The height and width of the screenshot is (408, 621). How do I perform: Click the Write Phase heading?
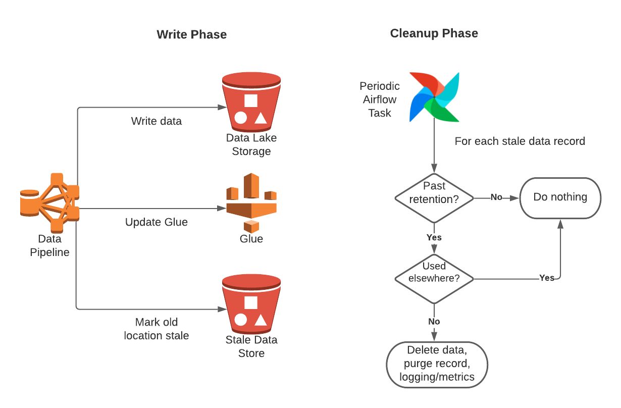[x=191, y=34]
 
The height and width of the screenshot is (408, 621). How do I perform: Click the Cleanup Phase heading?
[x=434, y=33]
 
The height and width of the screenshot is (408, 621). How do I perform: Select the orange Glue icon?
[x=251, y=202]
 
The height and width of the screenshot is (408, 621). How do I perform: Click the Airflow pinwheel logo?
[x=434, y=97]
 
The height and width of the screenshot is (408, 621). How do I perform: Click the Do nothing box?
[x=560, y=197]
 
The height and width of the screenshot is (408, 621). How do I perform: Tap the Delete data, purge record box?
[x=437, y=364]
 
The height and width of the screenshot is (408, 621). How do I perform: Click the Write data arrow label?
[x=157, y=121]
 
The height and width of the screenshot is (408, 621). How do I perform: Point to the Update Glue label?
[x=157, y=222]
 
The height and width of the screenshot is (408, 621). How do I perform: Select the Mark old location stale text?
[x=157, y=329]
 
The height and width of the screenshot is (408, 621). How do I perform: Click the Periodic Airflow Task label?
[x=380, y=99]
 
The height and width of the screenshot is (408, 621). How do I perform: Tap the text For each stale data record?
[x=520, y=141]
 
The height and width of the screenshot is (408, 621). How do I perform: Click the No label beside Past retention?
[x=496, y=197]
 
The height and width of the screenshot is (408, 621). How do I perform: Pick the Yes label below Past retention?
[x=434, y=237]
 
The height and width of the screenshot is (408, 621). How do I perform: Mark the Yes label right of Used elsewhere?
[x=546, y=278]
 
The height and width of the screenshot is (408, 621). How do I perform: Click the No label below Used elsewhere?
[x=434, y=322]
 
